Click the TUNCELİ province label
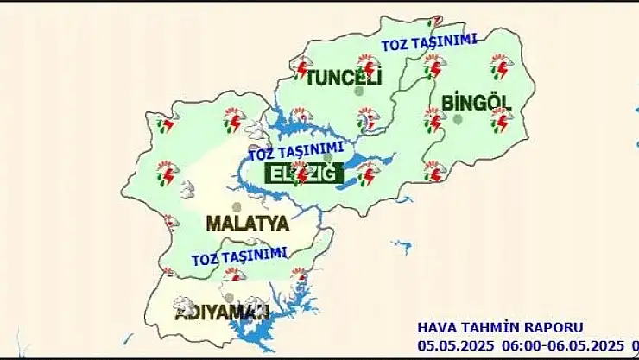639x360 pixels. (343, 79)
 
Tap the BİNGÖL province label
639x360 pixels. (476, 103)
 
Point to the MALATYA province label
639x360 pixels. (247, 223)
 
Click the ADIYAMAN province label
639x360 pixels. (223, 312)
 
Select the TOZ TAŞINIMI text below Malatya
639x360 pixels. (238, 256)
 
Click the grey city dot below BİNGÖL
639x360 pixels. (459, 118)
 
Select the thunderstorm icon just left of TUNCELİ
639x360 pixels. (301, 68)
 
